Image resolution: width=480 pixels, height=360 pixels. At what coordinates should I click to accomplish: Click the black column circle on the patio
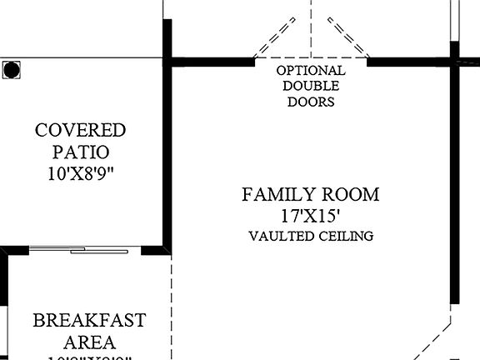point(11,70)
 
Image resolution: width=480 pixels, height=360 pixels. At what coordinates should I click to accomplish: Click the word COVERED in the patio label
point(80,131)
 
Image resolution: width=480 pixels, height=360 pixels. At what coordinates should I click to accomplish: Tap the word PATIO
point(80,152)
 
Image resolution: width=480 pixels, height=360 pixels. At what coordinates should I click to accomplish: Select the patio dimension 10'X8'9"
point(80,174)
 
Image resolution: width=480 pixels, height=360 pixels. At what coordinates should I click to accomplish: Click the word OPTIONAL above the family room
point(311,71)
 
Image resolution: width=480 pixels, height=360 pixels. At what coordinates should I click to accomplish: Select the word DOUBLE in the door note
point(311,86)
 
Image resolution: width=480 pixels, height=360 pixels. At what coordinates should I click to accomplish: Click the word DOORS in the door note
point(311,102)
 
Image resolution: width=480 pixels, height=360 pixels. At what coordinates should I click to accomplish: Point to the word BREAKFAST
point(89,321)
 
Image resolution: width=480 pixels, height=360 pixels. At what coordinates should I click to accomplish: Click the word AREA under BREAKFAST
point(88,342)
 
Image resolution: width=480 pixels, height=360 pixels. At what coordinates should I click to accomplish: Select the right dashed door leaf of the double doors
point(347,37)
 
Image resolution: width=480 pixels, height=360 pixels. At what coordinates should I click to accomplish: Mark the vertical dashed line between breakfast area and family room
point(171,308)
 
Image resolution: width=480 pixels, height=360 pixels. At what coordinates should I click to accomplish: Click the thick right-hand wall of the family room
point(454,183)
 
